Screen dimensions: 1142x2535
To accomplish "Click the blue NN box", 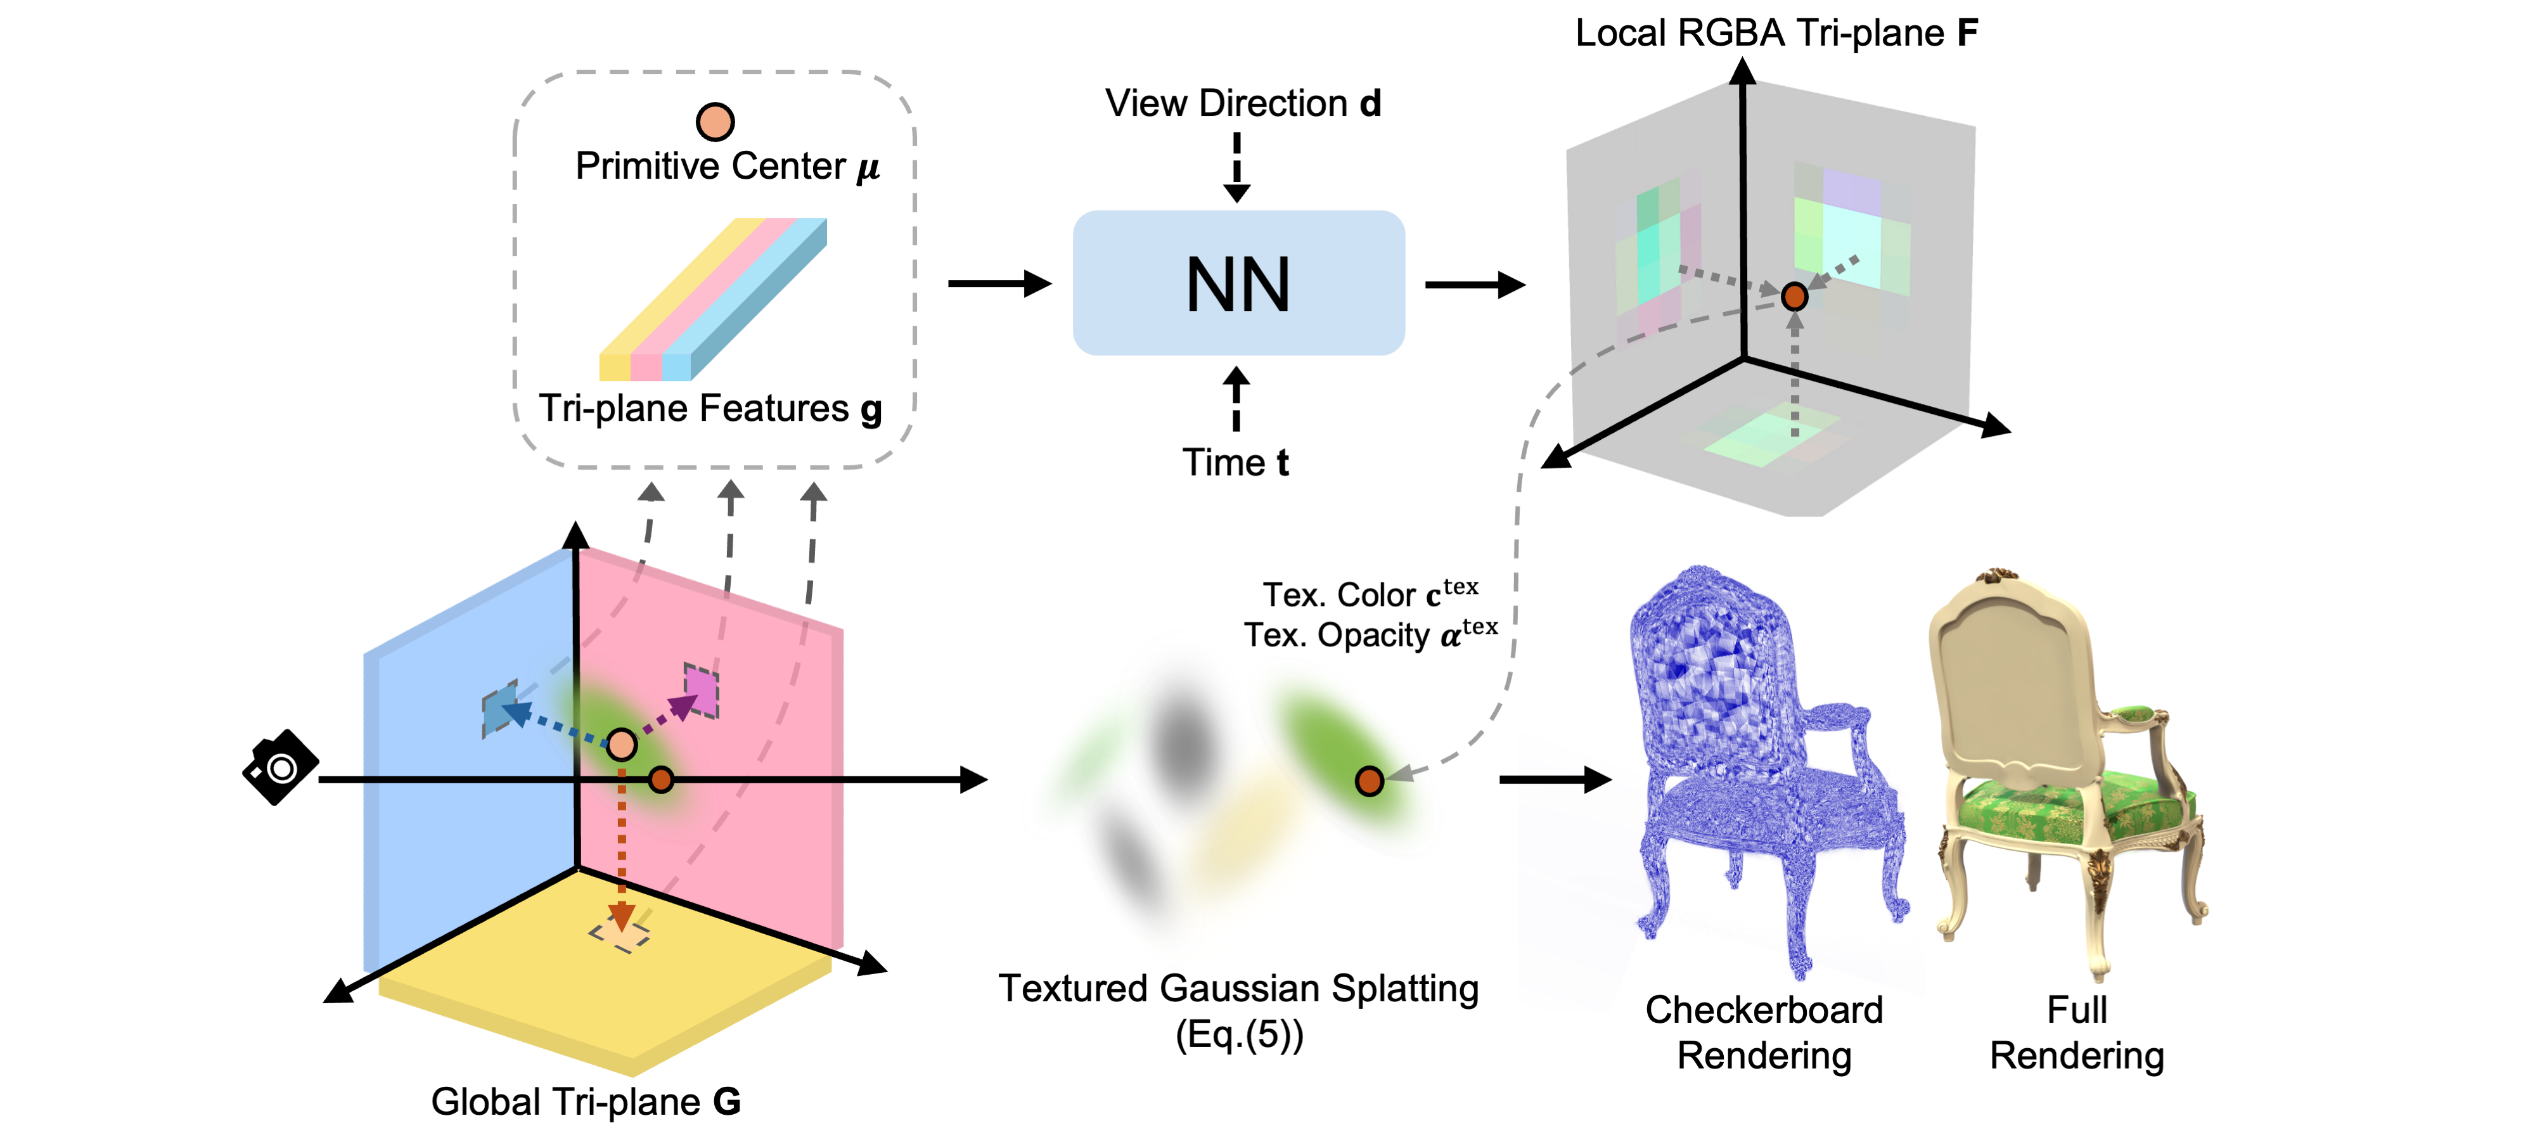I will (1238, 283).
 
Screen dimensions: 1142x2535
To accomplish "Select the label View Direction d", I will (1242, 103).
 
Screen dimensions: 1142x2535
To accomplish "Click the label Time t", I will (1235, 463).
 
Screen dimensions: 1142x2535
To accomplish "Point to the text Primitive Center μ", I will (726, 167).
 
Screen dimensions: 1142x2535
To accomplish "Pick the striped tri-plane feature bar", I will (714, 300).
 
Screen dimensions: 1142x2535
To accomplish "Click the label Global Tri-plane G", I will (586, 1101).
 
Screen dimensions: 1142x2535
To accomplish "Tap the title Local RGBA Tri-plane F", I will (1776, 34).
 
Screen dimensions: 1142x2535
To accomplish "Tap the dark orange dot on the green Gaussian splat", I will (1369, 781).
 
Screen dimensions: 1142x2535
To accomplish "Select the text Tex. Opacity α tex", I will (1370, 635).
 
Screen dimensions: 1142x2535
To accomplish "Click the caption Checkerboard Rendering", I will (1764, 1032).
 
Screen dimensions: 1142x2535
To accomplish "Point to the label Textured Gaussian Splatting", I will (1238, 989).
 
